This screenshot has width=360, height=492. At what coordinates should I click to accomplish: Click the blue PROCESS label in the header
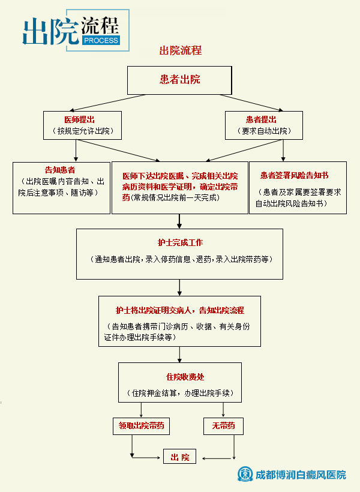98,40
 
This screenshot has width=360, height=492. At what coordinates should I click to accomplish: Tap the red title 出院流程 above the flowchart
180,50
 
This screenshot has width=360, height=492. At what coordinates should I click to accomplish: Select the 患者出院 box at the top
179,79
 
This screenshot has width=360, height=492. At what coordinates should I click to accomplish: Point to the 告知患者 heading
60,170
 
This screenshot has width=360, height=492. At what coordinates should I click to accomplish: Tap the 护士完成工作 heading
180,243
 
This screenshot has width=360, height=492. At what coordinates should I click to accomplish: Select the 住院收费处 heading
181,377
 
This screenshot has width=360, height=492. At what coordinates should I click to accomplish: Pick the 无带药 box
223,426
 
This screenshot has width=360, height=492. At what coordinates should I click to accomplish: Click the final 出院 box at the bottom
180,457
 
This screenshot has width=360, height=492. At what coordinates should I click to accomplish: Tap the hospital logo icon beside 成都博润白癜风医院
245,474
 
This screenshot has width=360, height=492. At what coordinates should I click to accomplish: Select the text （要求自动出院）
264,131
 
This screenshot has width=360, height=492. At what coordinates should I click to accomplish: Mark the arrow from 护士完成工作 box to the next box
180,287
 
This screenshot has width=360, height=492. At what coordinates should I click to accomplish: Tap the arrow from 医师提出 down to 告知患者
76,151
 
